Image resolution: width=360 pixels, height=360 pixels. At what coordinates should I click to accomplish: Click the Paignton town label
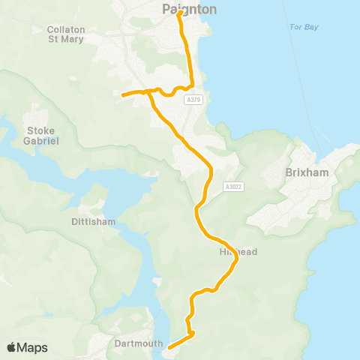tap(189, 10)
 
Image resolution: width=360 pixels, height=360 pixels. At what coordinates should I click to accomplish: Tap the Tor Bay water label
tap(304, 27)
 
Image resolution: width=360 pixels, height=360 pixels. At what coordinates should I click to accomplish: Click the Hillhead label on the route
tap(238, 252)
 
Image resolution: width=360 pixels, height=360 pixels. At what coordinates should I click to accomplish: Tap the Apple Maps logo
tap(27, 347)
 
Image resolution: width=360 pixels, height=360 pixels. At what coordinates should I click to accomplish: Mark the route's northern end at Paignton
tap(180, 13)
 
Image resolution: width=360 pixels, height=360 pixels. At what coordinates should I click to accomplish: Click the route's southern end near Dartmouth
tap(169, 347)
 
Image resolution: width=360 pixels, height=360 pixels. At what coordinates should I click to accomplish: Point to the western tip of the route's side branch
tap(122, 94)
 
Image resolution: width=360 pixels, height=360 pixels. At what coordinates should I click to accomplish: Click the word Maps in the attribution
tap(32, 347)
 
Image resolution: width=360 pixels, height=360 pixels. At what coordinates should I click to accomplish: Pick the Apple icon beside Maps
tap(11, 347)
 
